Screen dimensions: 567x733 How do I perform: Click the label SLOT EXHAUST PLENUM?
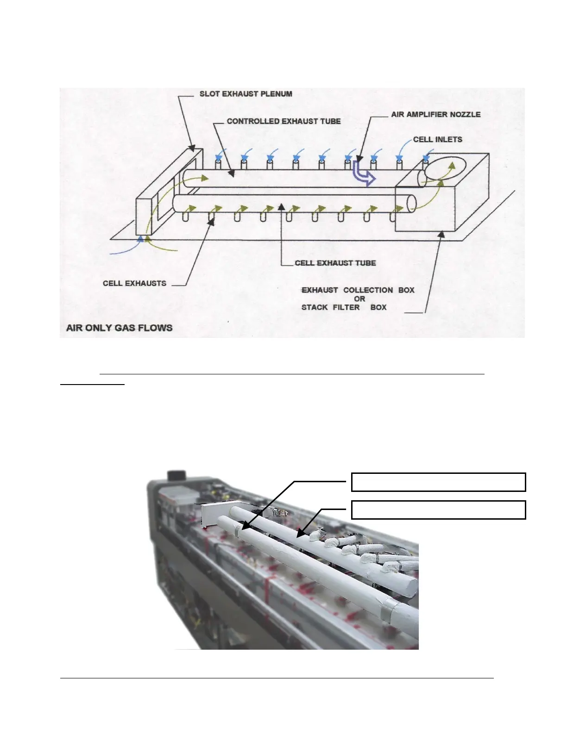[x=246, y=94]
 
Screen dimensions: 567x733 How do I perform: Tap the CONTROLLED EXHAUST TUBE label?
[x=283, y=121]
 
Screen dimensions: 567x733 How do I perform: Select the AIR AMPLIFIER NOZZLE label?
[x=435, y=114]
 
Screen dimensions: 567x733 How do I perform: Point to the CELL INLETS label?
[x=437, y=139]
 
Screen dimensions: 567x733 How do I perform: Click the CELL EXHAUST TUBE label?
[x=335, y=263]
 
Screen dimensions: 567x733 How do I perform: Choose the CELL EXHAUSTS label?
[x=134, y=283]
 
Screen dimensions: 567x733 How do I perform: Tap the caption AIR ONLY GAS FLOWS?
[x=120, y=328]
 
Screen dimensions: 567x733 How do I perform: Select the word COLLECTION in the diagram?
[x=368, y=290]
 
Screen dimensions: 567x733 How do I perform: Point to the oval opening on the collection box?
[x=447, y=169]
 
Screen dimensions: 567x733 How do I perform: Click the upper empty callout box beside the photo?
[x=438, y=482]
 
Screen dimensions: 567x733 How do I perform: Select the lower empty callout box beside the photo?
[x=438, y=509]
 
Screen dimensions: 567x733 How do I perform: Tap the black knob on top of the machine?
[x=176, y=475]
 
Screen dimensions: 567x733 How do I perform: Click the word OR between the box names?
[x=359, y=299]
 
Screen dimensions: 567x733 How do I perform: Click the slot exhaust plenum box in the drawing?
[x=146, y=217]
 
